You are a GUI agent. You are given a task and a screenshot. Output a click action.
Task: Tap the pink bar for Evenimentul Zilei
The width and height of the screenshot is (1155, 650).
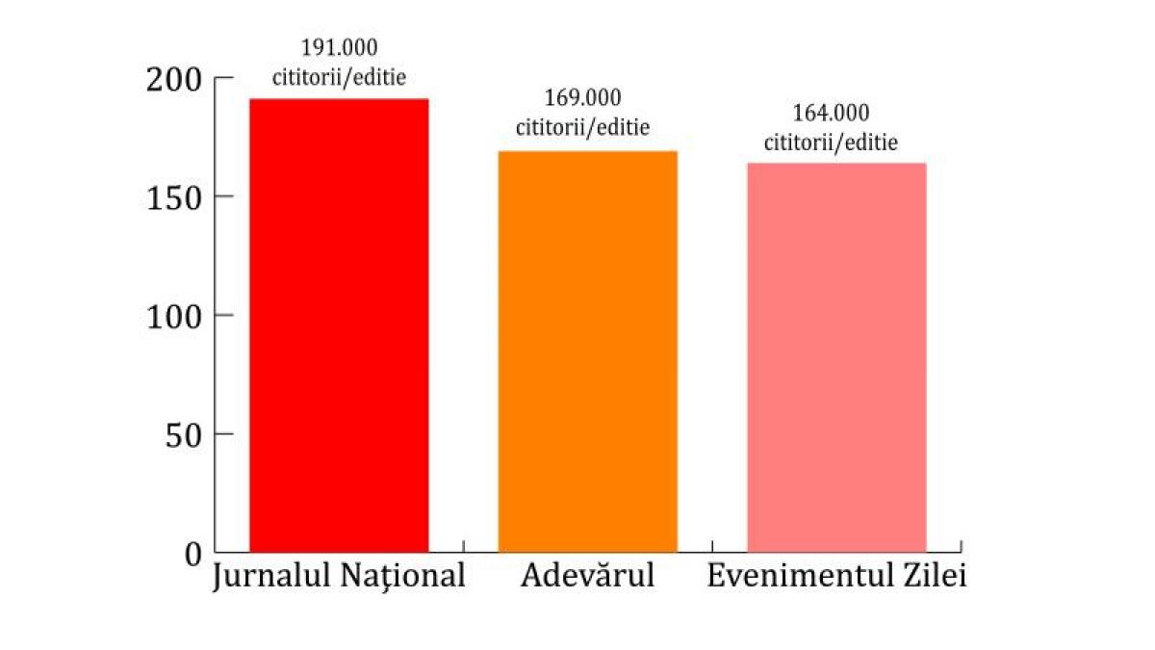836,357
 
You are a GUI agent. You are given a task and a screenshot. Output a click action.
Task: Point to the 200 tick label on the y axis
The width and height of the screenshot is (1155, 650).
175,79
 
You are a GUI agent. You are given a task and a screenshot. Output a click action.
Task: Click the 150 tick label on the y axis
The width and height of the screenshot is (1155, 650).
175,197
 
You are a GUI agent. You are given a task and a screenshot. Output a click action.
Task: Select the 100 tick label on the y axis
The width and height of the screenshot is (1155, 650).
175,317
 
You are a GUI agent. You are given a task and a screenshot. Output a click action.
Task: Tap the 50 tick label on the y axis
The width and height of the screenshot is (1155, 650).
182,435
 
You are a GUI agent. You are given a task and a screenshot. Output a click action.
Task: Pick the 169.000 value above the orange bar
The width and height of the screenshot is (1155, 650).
582,98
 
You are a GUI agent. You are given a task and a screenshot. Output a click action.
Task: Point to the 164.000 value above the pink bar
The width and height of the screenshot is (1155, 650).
831,114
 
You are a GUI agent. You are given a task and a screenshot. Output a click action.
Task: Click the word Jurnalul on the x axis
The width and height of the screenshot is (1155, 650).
270,577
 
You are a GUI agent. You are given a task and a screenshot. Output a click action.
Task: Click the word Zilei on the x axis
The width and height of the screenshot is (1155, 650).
934,576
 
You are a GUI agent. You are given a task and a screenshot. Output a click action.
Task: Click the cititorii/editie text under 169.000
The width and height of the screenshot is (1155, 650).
582,126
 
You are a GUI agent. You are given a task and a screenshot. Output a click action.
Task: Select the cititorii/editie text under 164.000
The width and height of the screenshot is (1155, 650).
831,143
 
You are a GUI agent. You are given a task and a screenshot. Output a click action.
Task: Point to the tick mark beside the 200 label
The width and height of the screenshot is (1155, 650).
223,78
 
